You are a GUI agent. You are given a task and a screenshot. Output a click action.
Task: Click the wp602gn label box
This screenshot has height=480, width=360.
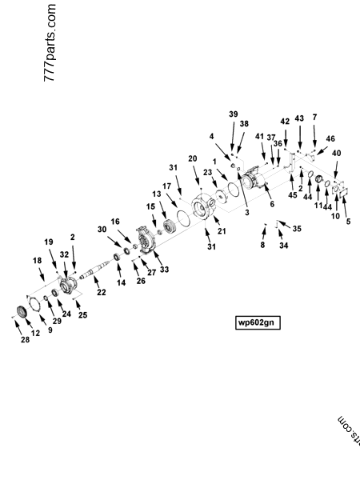point(258,322)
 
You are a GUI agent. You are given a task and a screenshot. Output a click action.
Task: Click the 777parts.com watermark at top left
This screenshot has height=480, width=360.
point(50,43)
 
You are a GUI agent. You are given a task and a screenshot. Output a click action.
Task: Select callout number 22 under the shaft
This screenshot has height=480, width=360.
point(102,292)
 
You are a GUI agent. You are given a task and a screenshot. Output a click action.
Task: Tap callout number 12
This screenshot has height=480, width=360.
point(35,333)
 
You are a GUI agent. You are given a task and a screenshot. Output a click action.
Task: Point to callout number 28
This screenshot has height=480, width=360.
point(25,339)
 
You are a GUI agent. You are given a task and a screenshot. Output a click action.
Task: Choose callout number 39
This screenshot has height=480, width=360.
point(234,114)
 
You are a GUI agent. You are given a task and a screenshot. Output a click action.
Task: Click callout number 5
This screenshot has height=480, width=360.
point(348,222)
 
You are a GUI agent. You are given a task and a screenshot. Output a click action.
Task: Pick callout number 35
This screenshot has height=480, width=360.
point(297,229)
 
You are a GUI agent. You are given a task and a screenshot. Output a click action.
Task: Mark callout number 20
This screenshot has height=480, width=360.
point(193,158)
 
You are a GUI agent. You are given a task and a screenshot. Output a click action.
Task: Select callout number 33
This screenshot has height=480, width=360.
point(164,270)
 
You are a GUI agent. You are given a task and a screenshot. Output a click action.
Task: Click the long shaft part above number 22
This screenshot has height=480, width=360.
point(96,270)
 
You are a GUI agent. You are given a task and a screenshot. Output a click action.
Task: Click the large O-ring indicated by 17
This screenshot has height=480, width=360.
point(183,218)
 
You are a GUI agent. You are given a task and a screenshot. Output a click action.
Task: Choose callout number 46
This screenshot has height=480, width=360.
point(330,138)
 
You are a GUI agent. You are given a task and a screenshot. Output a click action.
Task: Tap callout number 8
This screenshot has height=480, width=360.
point(262,245)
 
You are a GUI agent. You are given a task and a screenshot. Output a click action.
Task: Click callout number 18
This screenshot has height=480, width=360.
point(37,261)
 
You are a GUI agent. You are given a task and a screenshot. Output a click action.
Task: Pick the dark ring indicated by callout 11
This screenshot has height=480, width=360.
point(318,178)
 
